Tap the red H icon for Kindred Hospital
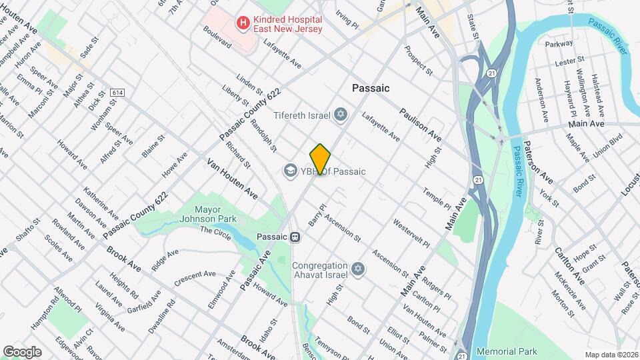(243, 24)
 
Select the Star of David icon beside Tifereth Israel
(341, 115)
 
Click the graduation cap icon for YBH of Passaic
(290, 171)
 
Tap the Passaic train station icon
(294, 237)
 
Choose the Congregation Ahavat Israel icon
(358, 269)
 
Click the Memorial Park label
(507, 351)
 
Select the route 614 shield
(118, 93)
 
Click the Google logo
(22, 351)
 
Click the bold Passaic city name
(371, 88)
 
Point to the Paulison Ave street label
(421, 123)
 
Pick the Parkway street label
(559, 43)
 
